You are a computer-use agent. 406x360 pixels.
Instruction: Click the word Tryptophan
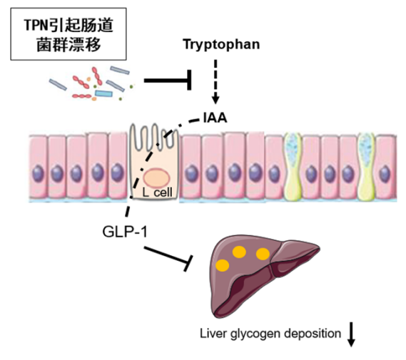point(221,45)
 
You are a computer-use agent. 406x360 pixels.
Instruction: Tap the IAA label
point(215,118)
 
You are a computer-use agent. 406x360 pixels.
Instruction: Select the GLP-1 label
point(125,232)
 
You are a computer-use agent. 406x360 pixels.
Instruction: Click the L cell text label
point(157,192)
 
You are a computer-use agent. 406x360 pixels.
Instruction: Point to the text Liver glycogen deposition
point(270,334)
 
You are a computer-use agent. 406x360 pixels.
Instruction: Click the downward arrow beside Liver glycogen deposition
point(351,334)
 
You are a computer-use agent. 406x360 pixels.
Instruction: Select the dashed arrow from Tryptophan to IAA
point(215,82)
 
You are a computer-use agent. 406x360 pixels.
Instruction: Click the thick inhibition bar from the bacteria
point(168,80)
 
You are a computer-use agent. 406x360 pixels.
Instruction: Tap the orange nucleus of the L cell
point(157,178)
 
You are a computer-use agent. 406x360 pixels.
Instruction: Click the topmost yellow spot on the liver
point(239,252)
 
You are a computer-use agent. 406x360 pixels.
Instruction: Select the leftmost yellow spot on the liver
point(223,265)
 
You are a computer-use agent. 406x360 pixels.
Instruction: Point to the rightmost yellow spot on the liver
point(263,254)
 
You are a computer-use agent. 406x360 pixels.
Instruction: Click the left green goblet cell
point(293,166)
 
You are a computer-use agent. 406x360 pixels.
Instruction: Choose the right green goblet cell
point(366,166)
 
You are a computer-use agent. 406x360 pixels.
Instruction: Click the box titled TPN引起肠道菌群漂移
point(68,34)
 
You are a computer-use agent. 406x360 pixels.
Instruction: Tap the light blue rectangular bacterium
point(103,93)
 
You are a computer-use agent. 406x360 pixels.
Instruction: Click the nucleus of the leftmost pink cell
point(39,173)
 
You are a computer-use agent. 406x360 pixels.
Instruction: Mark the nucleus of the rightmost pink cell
point(385,174)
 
